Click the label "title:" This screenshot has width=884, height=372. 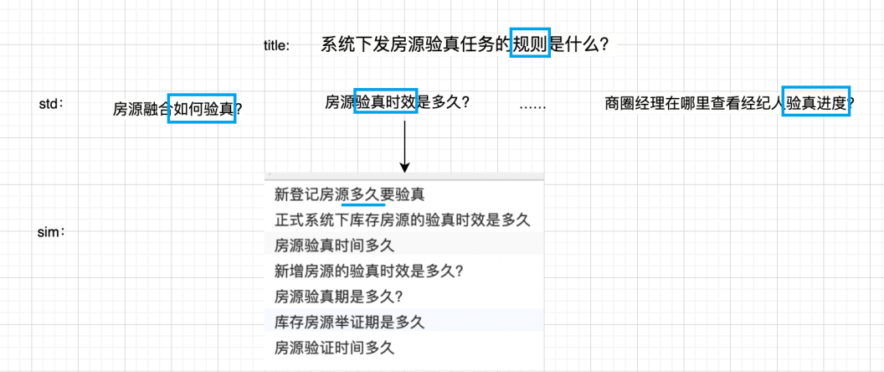click(276, 46)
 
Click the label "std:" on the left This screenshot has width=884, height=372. click(51, 104)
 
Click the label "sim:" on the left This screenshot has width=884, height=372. click(52, 232)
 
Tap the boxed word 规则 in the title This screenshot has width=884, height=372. click(530, 45)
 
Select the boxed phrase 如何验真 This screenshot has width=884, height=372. click(202, 108)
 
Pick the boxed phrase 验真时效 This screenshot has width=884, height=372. click(386, 102)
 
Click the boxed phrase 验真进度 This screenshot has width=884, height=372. click(816, 102)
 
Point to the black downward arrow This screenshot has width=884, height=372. click(404, 147)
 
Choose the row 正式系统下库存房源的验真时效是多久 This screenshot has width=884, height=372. click(403, 220)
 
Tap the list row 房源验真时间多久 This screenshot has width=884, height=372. click(333, 245)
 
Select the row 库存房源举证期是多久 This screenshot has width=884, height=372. click(349, 321)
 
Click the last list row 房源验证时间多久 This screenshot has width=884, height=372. click(333, 346)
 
